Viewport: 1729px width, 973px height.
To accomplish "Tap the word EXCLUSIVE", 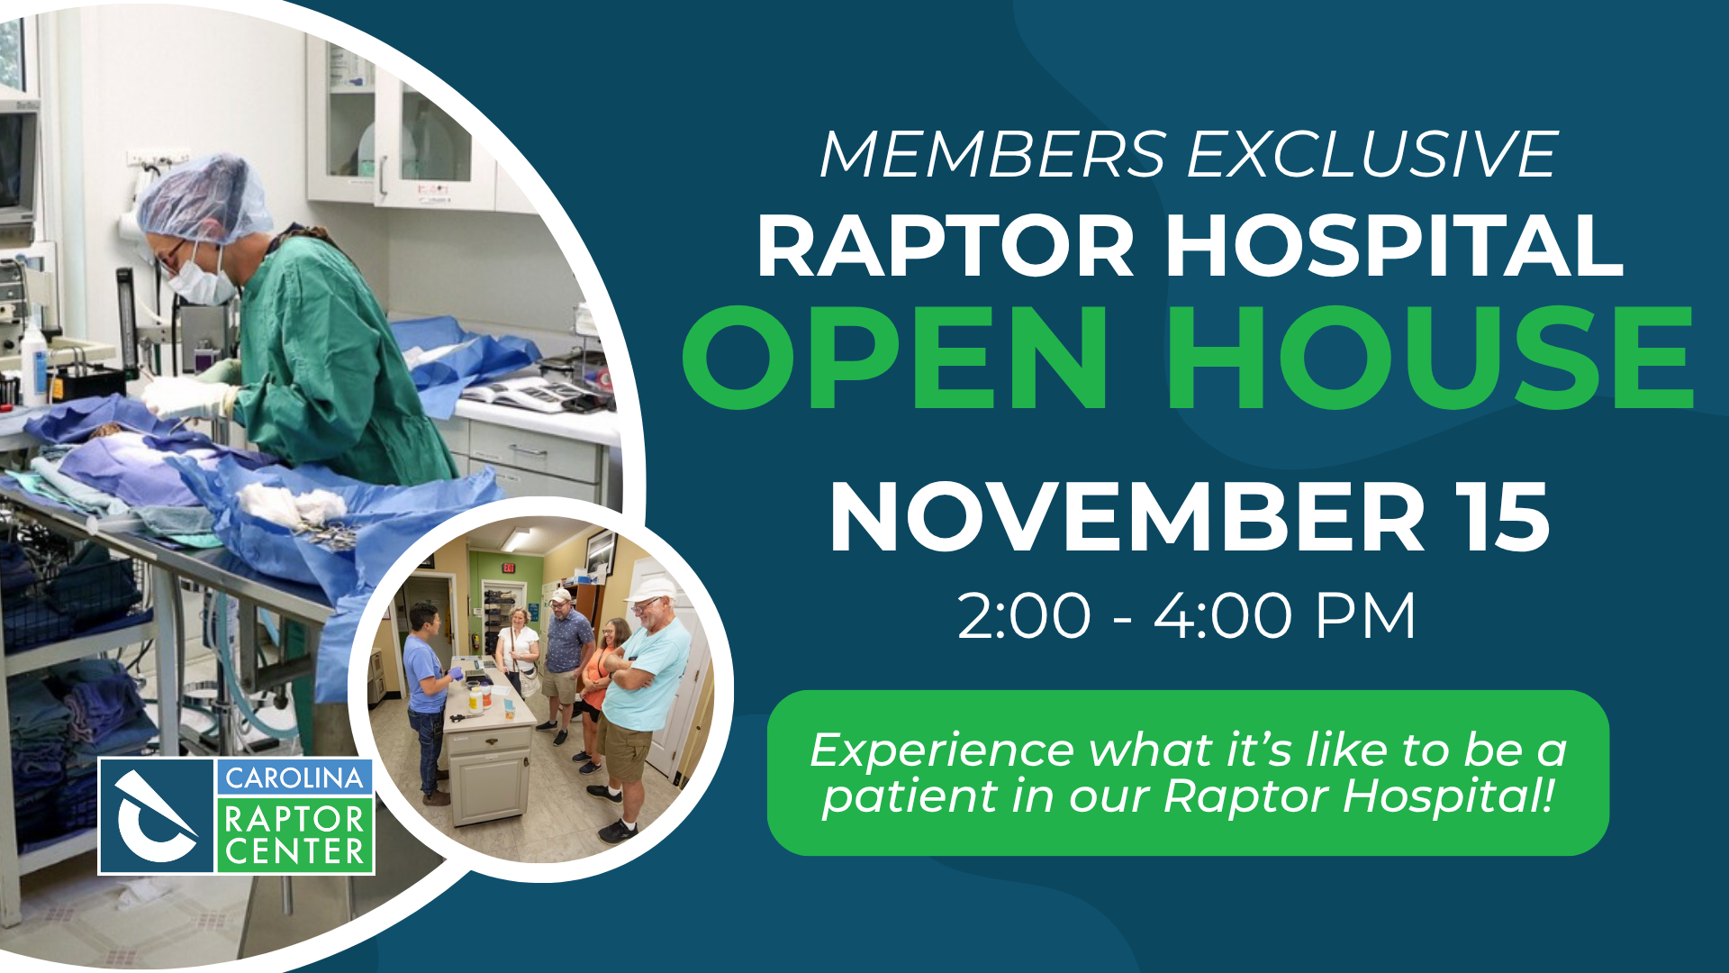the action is click(x=1373, y=154).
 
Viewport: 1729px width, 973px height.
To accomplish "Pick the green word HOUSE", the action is click(x=1433, y=357).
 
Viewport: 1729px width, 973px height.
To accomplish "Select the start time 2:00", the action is click(x=1024, y=616).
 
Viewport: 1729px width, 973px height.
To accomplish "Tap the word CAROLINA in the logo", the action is click(x=294, y=777).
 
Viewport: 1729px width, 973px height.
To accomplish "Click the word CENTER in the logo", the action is click(x=294, y=851).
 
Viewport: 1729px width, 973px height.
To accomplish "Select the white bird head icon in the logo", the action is click(x=155, y=816).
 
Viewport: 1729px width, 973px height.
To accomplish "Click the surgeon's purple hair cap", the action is click(x=204, y=198).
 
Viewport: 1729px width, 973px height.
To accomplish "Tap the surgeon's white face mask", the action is click(x=200, y=279).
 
